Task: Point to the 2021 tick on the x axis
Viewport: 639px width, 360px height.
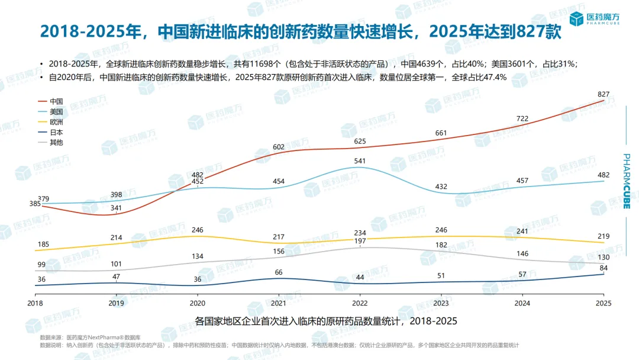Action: [279, 303]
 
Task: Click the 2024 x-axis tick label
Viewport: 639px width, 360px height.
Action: [522, 303]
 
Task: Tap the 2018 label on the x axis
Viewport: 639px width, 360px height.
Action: [36, 303]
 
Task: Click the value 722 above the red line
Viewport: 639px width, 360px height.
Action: [522, 119]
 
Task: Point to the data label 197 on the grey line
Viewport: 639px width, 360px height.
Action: [360, 240]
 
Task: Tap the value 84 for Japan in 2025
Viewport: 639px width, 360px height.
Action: [604, 268]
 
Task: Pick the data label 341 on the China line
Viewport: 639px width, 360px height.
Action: [116, 208]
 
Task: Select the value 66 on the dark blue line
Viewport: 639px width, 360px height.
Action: [279, 272]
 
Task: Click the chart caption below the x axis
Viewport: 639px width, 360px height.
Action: [326, 321]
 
